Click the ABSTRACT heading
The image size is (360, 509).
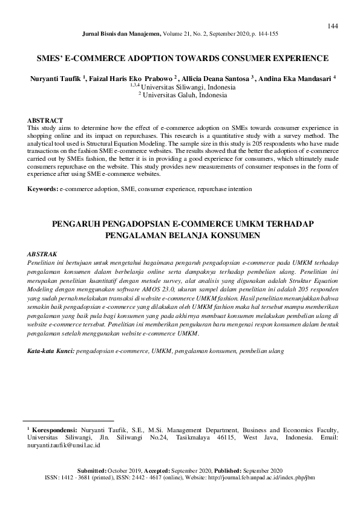[44, 120]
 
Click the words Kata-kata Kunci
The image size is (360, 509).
[50, 351]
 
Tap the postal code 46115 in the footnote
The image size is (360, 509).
[230, 436]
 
